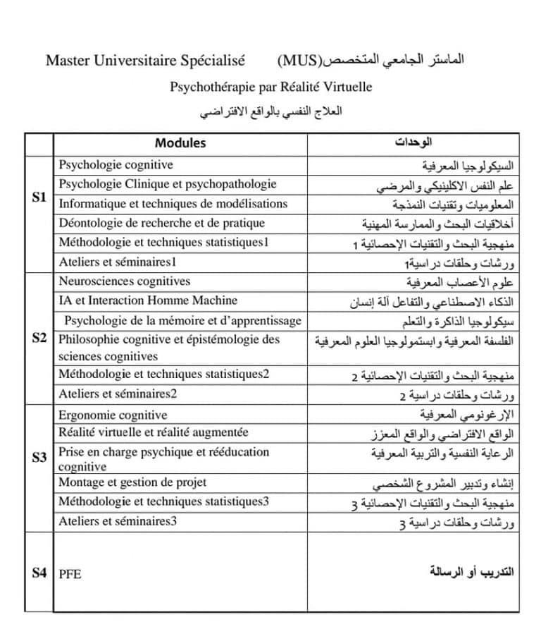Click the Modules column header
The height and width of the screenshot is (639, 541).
pyautogui.click(x=180, y=143)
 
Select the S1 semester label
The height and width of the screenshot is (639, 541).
pyautogui.click(x=39, y=197)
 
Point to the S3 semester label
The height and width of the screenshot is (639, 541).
pyautogui.click(x=39, y=458)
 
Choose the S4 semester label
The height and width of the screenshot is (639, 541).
pyautogui.click(x=39, y=573)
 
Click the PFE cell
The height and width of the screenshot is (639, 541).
pyautogui.click(x=70, y=574)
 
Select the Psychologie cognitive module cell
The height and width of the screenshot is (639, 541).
pyautogui.click(x=116, y=165)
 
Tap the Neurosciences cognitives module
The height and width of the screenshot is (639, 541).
pyautogui.click(x=124, y=281)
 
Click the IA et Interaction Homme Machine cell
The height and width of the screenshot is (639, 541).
pyautogui.click(x=148, y=300)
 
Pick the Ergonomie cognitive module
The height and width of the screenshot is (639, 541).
pyautogui.click(x=113, y=415)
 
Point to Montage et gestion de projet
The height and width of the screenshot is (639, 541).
pyautogui.click(x=132, y=482)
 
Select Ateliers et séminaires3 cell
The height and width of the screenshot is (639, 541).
pyautogui.click(x=117, y=522)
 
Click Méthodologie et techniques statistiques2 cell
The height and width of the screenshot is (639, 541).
pyautogui.click(x=163, y=374)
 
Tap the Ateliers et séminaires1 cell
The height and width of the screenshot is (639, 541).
pyautogui.click(x=117, y=262)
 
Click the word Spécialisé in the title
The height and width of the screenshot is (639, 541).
pyautogui.click(x=212, y=60)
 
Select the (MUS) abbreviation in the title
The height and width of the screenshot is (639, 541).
pyautogui.click(x=297, y=60)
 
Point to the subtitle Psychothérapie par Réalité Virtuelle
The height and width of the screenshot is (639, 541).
pyautogui.click(x=270, y=87)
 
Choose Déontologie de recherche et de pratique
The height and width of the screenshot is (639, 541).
pyautogui.click(x=161, y=223)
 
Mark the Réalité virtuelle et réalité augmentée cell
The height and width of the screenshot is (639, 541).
pyautogui.click(x=153, y=432)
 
